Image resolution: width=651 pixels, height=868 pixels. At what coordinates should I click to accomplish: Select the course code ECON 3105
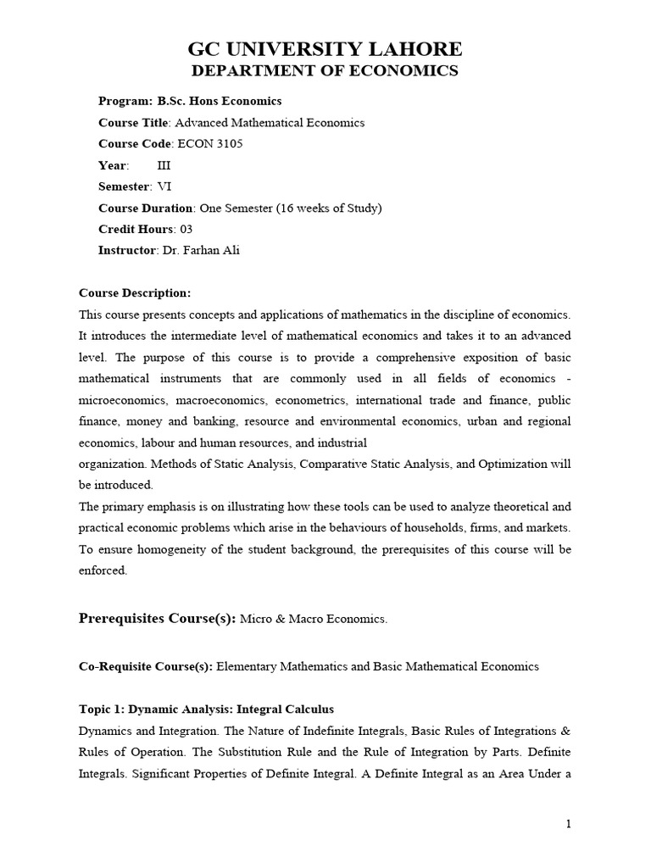[x=209, y=144]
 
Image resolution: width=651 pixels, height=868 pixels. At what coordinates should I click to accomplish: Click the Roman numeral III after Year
[x=164, y=165]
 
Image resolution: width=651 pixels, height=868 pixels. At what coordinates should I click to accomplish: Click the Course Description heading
[x=135, y=293]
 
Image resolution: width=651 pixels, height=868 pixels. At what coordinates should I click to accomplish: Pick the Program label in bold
[x=125, y=101]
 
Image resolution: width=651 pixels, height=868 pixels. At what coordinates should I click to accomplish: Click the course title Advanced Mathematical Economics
[x=270, y=123]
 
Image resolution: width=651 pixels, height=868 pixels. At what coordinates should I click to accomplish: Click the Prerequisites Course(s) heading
[x=157, y=619]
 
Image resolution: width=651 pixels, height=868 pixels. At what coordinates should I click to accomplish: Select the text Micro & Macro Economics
[x=314, y=620]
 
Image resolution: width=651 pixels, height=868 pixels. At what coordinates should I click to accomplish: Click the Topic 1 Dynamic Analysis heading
[x=206, y=709]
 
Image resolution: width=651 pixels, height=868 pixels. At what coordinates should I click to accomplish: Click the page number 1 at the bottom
[x=569, y=824]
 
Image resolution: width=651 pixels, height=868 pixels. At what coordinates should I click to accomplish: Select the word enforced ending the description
[x=103, y=570]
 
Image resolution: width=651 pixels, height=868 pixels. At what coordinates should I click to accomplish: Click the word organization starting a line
[x=112, y=464]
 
